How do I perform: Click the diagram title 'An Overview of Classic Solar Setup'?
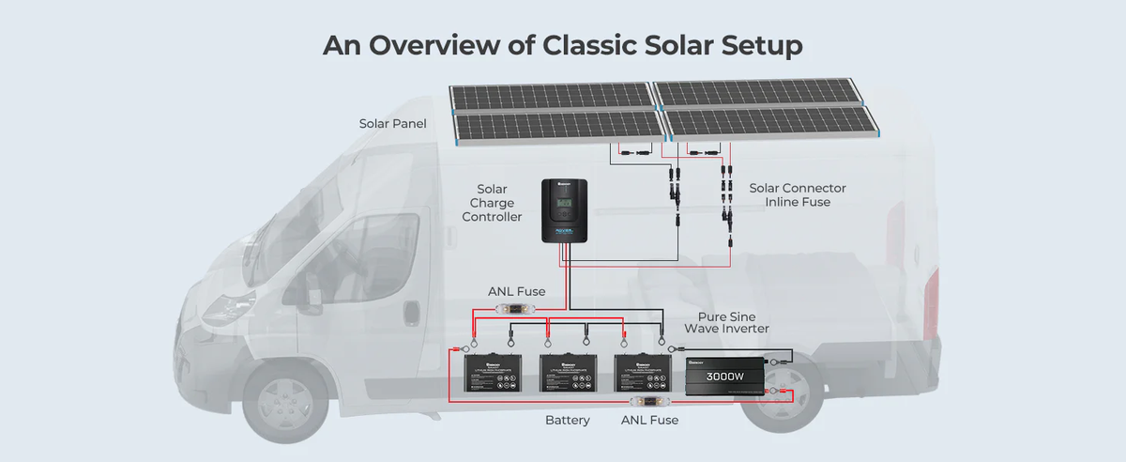click(x=562, y=45)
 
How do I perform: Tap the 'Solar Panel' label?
click(x=393, y=124)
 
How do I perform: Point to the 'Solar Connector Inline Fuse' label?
click(x=798, y=195)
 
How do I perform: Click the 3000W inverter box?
click(x=723, y=377)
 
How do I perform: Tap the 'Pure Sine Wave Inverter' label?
click(x=726, y=322)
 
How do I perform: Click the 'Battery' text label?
click(x=568, y=420)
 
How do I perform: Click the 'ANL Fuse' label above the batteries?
click(x=516, y=291)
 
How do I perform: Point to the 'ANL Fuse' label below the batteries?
click(x=649, y=420)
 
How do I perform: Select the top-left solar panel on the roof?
click(x=551, y=95)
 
